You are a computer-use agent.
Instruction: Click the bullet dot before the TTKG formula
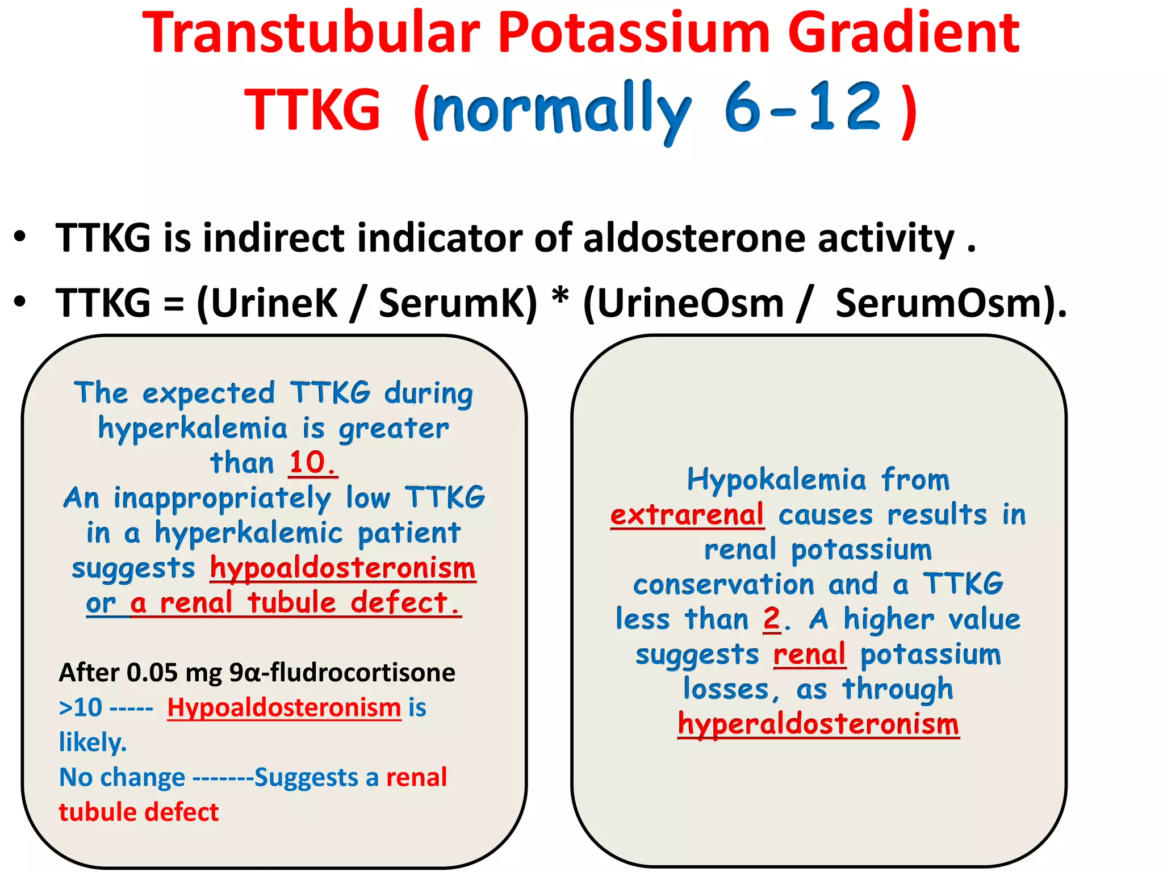click(20, 301)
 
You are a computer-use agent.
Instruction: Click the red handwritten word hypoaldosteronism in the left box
click(342, 568)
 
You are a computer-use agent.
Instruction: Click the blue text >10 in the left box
click(81, 708)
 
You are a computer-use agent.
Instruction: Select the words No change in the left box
click(122, 778)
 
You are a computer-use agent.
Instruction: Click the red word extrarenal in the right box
click(687, 515)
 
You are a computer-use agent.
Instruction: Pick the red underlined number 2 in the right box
click(772, 619)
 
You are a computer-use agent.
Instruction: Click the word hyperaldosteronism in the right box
click(818, 725)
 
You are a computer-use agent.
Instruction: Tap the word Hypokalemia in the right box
click(776, 480)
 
